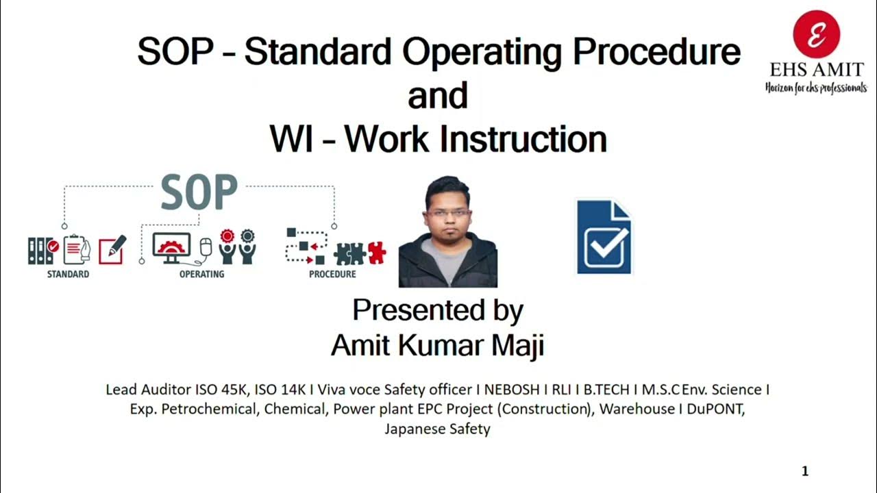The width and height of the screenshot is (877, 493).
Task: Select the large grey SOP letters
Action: coord(199,193)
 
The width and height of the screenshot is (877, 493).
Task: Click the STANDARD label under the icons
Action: coord(68,275)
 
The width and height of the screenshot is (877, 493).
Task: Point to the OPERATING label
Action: coord(201,275)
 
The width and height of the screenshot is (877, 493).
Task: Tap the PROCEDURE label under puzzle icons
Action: coord(332,275)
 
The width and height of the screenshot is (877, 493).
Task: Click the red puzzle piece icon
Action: coord(376,253)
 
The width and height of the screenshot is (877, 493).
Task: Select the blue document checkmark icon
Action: coord(604,237)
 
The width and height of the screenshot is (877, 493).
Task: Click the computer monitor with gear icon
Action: coord(171,247)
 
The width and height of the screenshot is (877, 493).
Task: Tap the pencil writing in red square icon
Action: coord(113,250)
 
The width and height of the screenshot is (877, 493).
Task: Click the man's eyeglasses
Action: coord(448,213)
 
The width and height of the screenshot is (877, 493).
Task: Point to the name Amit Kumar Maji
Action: coord(437,345)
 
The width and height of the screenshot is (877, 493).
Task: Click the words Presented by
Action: coord(438,310)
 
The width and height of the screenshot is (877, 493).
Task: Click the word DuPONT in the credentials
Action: coord(720,409)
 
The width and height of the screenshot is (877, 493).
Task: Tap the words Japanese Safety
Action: coord(437,429)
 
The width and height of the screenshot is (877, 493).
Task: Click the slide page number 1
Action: coord(805,471)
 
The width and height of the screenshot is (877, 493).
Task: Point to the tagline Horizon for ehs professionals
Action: coord(815,88)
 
